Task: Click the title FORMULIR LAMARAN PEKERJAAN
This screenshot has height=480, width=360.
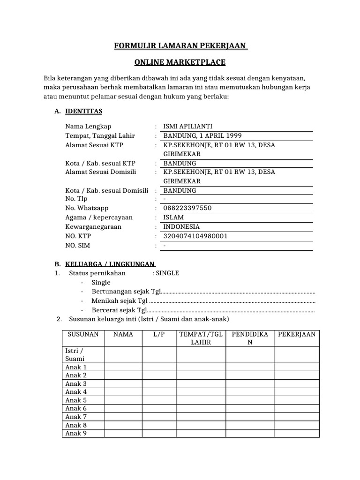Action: (180, 46)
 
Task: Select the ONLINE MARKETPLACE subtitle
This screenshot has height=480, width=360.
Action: (180, 62)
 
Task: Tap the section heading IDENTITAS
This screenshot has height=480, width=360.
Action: (84, 111)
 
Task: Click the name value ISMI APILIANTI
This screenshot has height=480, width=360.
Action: (187, 127)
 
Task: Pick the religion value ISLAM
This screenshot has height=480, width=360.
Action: (173, 217)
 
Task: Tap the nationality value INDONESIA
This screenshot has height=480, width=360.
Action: (181, 227)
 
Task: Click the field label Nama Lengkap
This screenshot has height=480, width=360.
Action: (89, 127)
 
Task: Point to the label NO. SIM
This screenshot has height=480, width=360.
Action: (77, 246)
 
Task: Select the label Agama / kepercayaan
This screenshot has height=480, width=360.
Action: (99, 217)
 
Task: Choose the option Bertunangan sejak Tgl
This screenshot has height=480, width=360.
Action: (126, 292)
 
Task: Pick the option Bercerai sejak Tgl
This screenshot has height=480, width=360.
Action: (120, 310)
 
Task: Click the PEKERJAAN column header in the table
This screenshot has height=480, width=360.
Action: (296, 334)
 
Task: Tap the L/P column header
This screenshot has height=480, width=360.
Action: (158, 334)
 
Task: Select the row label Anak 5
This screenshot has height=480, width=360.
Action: (76, 400)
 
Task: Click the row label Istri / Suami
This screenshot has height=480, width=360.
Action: (75, 354)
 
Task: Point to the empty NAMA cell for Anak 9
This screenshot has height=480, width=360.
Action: (123, 433)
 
